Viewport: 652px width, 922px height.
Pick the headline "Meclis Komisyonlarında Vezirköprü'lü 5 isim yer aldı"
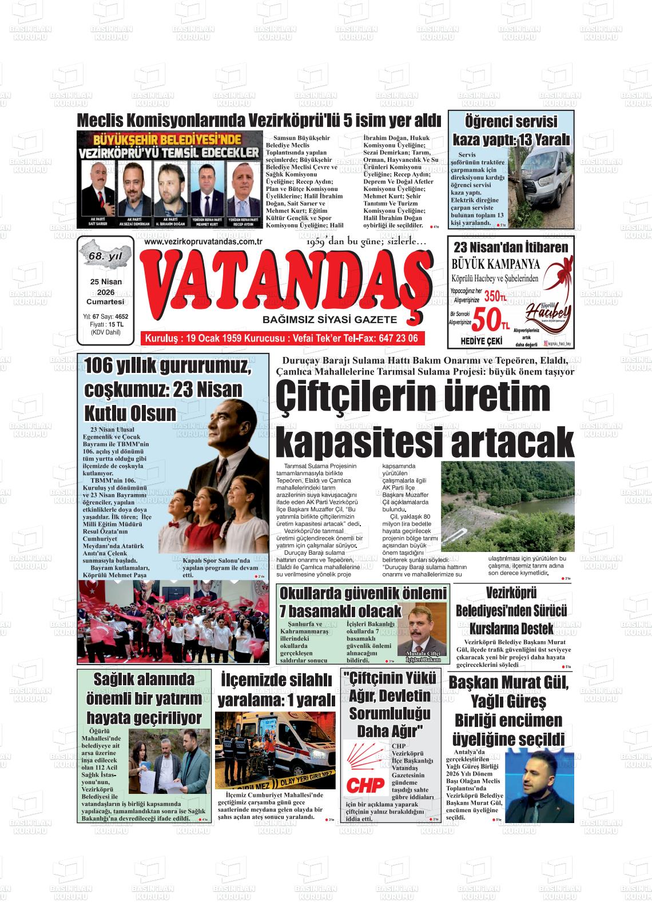pyautogui.click(x=259, y=121)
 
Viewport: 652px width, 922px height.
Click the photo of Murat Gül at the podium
pyautogui.click(x=538, y=784)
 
